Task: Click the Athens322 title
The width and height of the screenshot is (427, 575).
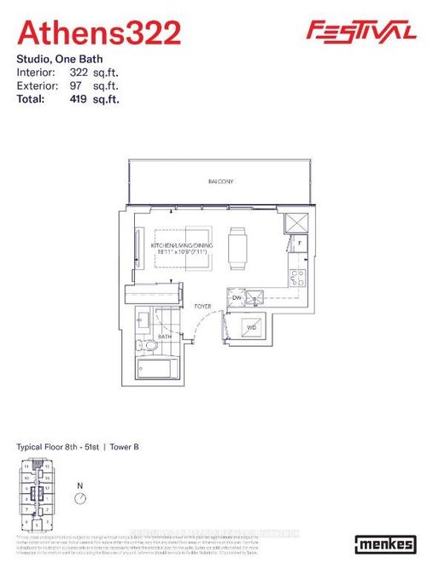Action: pyautogui.click(x=99, y=33)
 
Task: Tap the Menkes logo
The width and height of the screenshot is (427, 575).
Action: pyautogui.click(x=385, y=544)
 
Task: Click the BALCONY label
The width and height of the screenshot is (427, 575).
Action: pyautogui.click(x=221, y=182)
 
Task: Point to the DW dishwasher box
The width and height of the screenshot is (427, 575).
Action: pyautogui.click(x=237, y=297)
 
